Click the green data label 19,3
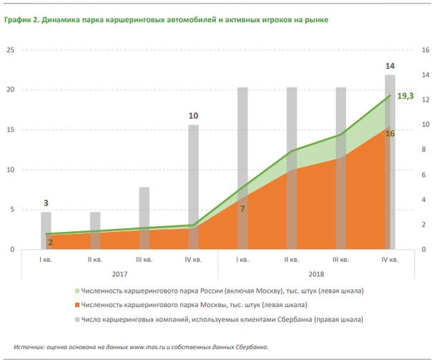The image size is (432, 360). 406,95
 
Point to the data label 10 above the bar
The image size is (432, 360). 193,116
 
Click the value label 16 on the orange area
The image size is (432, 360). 390,134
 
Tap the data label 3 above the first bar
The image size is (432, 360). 46,203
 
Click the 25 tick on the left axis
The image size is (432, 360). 11,50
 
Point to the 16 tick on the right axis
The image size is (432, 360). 424,50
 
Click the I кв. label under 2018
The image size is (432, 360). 242,259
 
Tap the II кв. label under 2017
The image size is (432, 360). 95,259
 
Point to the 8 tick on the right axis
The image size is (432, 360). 423,150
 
